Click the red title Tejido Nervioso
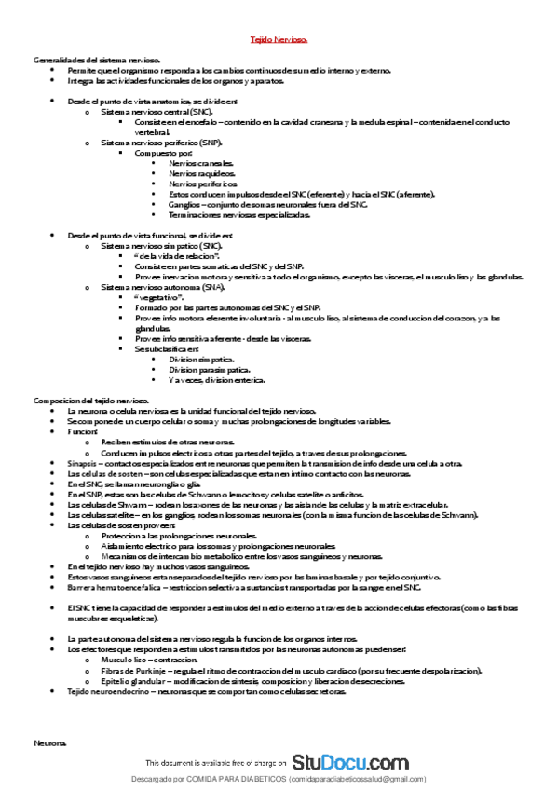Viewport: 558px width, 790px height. (279, 41)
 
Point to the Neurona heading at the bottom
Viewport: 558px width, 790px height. (49, 744)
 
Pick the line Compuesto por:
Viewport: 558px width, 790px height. (163, 153)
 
